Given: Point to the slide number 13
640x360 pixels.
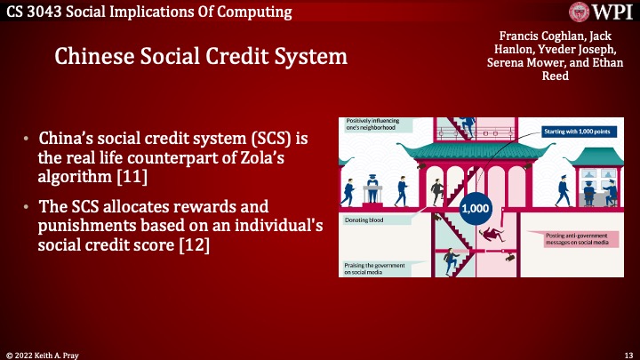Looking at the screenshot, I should (x=626, y=353).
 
